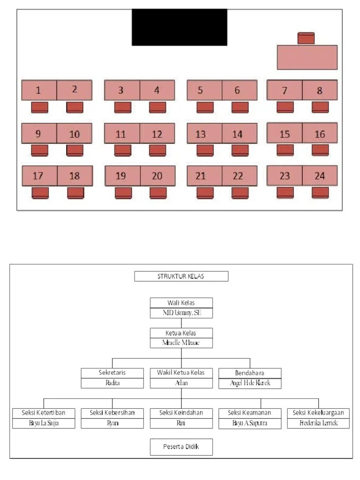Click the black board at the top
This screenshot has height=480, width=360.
pos(180,27)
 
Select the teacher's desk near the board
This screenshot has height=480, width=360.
pos(307,57)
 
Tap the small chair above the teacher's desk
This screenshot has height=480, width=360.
pos(306,38)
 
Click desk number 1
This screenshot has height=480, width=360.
pos(39,90)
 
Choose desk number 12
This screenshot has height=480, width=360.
pos(157,134)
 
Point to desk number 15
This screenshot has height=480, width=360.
pos(285,133)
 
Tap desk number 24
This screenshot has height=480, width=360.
pos(320,176)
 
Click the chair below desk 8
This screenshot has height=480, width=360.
pos(320,107)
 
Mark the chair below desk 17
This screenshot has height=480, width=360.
pos(40,193)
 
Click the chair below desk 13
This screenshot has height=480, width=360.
pos(205,150)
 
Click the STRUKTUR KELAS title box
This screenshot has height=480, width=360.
pos(181,276)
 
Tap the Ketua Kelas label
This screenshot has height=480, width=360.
pos(181,333)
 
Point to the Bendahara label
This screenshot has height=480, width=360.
pos(250,373)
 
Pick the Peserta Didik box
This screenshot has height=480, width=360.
pos(181,447)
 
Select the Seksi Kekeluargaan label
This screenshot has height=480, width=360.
pos(318,412)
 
